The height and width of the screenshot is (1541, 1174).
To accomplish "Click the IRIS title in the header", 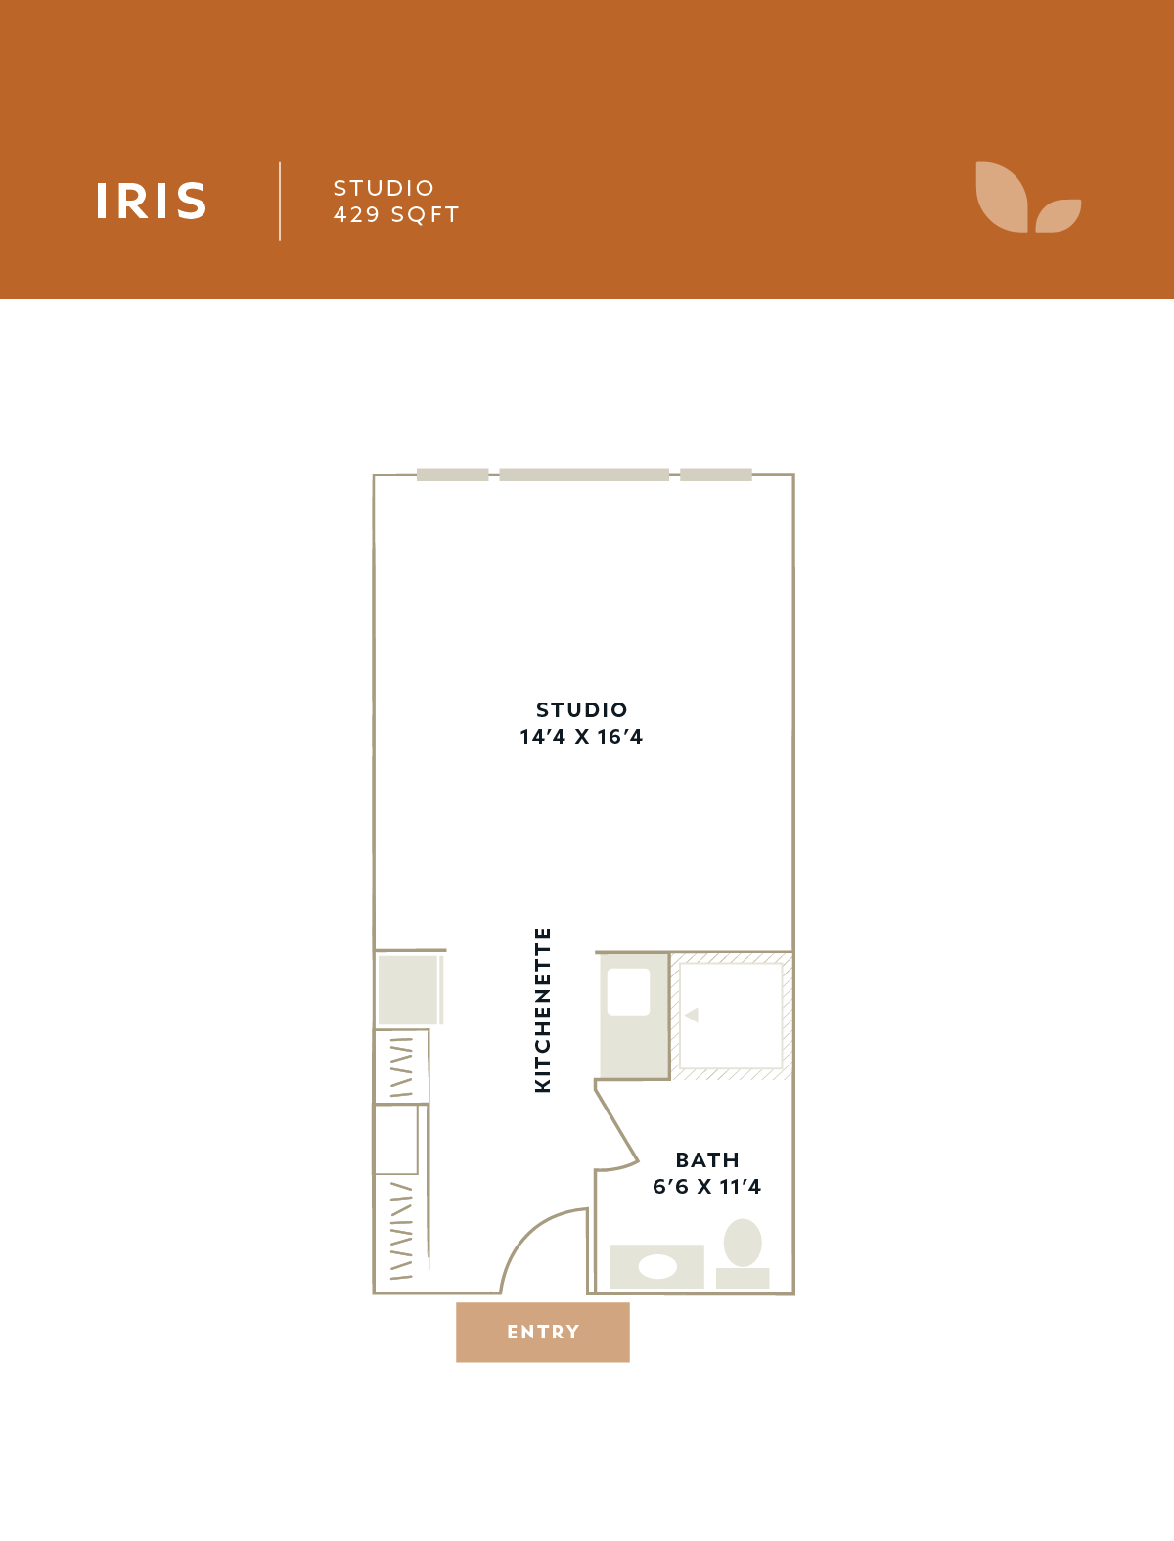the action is (x=151, y=201).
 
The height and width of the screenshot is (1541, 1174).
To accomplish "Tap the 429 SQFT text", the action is (x=396, y=215).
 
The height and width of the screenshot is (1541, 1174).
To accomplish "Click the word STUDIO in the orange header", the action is (x=384, y=188).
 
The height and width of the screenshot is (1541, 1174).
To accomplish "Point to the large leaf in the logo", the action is (x=1002, y=198).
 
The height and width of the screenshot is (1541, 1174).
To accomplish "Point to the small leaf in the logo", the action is (x=1059, y=215).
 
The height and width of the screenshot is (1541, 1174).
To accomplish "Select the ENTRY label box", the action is (x=542, y=1332).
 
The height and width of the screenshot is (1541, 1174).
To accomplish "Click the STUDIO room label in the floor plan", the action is (x=582, y=709).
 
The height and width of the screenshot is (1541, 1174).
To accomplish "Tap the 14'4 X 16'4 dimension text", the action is (x=581, y=737).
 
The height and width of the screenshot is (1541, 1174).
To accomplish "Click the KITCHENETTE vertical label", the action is (x=542, y=1011).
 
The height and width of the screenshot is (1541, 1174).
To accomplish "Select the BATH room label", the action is (x=707, y=1159).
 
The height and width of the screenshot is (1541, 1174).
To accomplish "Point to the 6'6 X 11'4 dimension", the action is (x=706, y=1187).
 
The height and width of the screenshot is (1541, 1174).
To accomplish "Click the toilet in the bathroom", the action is (x=743, y=1252).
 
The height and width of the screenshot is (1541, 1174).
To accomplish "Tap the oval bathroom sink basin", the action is (x=657, y=1266).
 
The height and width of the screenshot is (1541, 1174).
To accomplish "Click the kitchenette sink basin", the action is (x=628, y=992).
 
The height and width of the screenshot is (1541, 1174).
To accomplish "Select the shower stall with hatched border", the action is (x=731, y=1016).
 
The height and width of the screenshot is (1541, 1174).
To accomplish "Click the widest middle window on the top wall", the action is (x=584, y=475).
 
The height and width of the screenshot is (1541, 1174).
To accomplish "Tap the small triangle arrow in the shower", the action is (x=692, y=1015).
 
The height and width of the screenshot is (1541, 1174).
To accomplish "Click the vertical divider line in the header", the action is (x=280, y=202).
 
